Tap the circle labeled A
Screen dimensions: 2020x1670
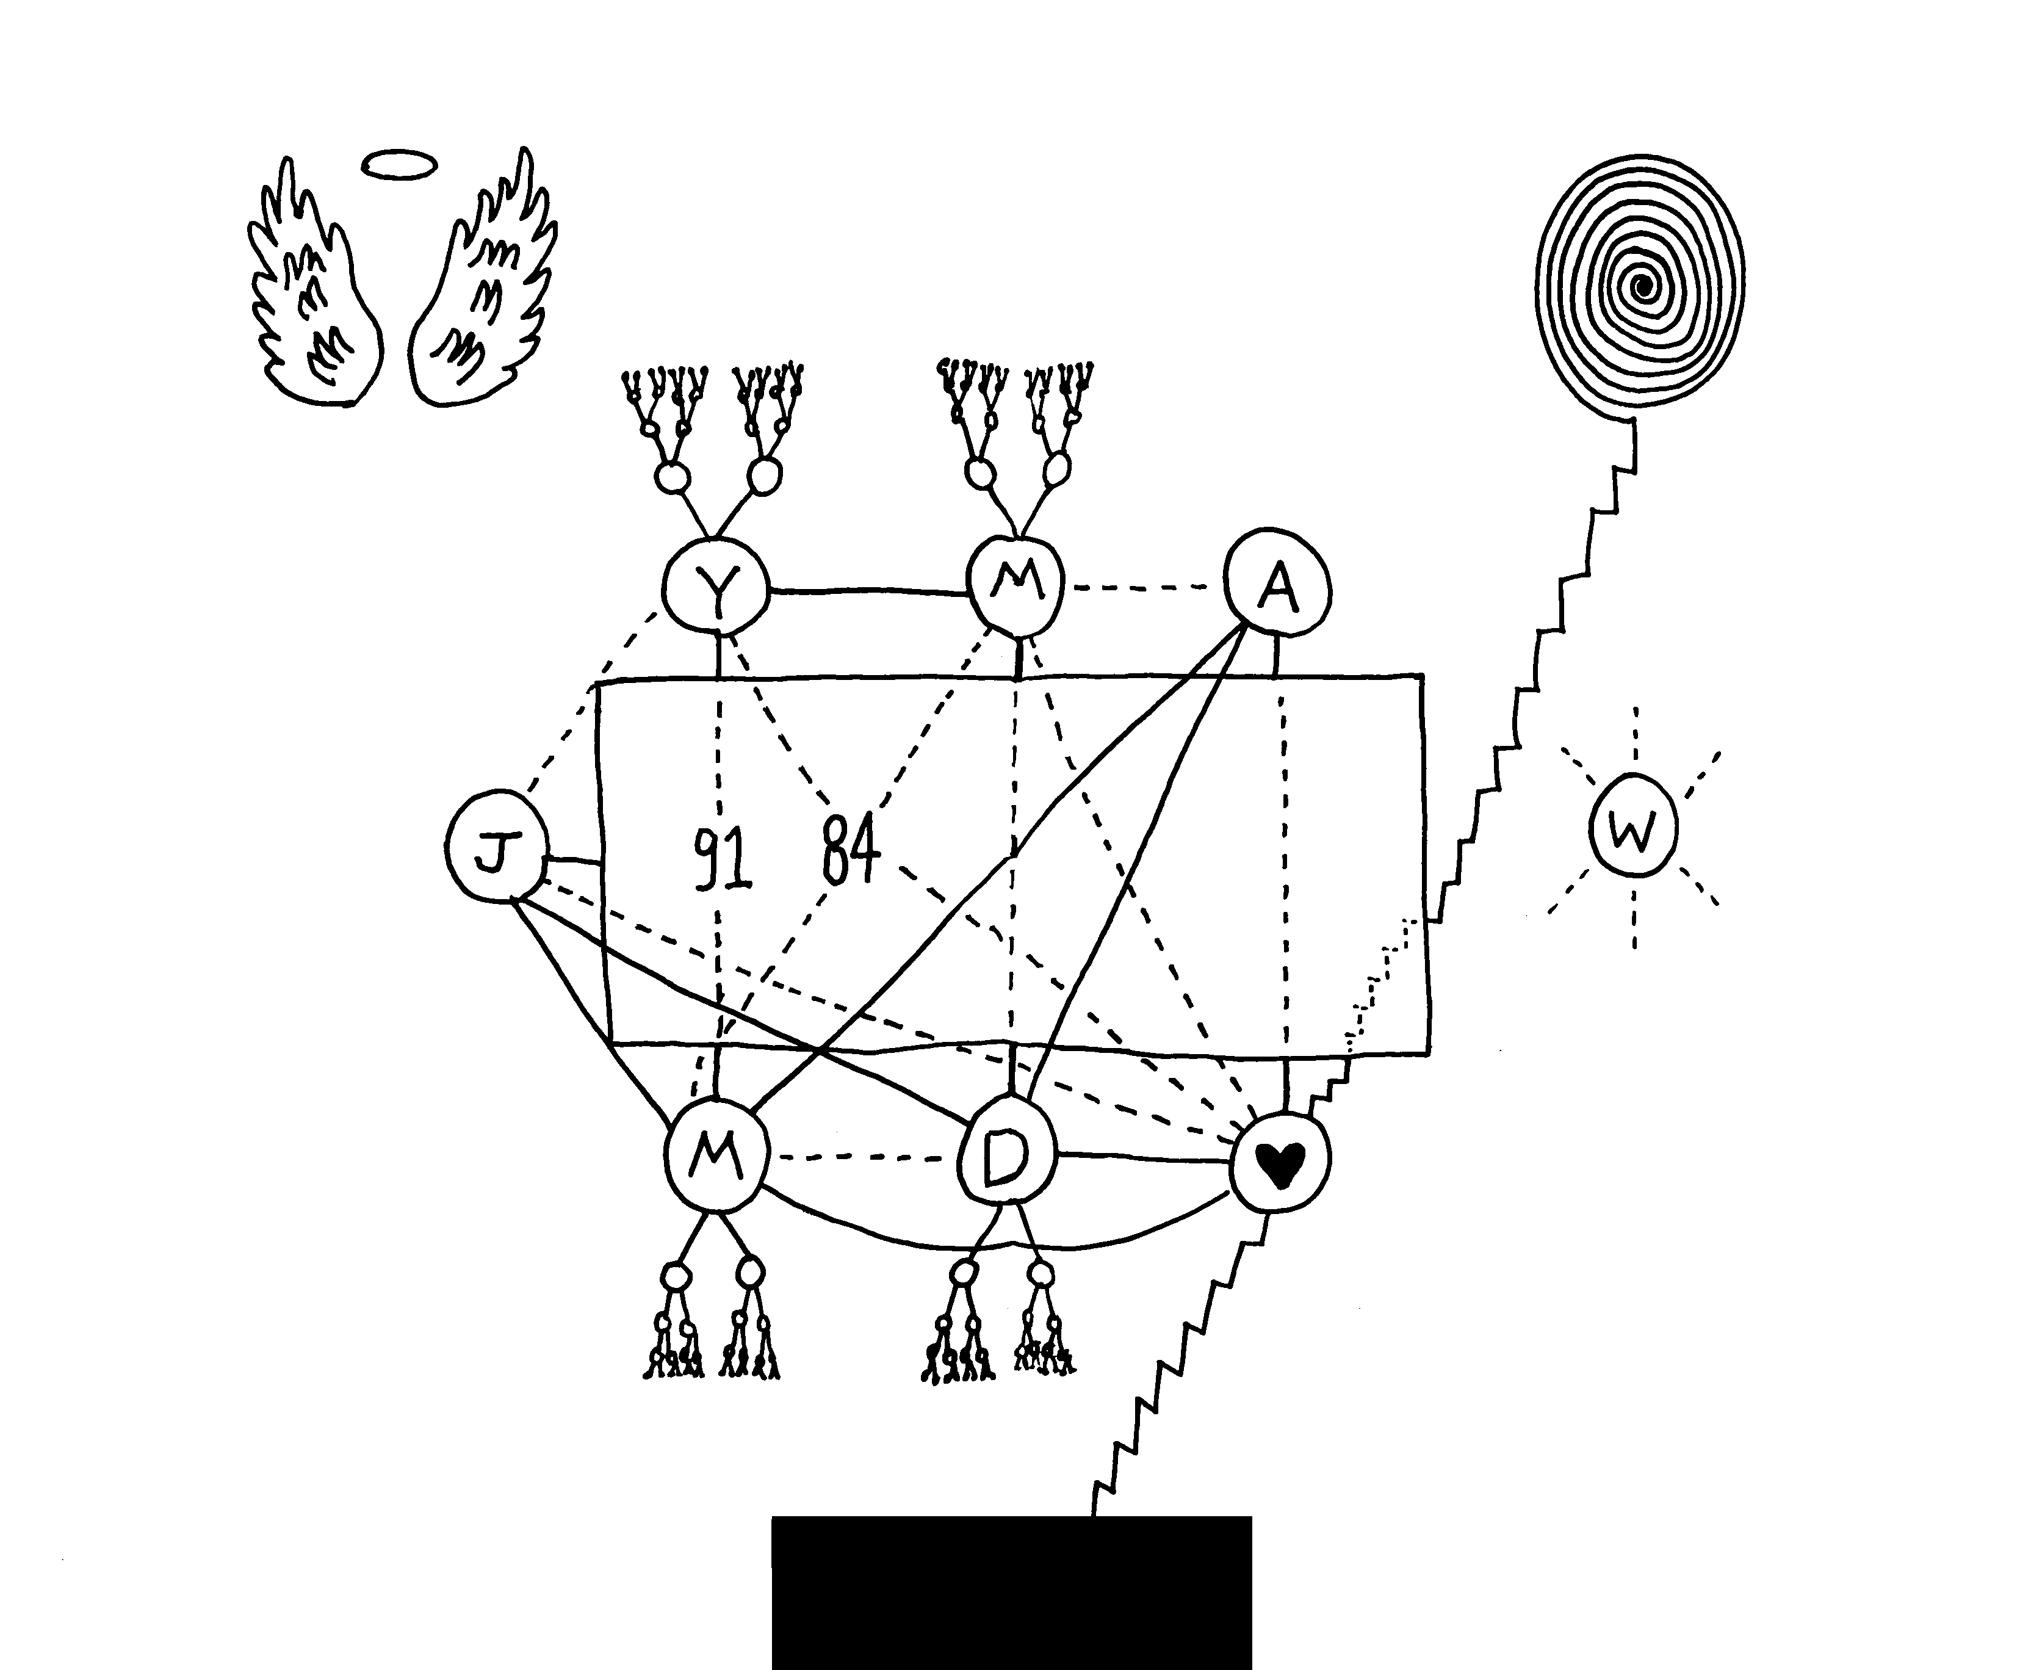pyautogui.click(x=1277, y=582)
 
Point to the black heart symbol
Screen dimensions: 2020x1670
pyautogui.click(x=1281, y=1166)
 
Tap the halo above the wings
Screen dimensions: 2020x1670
pyautogui.click(x=399, y=165)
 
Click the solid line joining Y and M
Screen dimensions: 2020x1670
pyautogui.click(x=868, y=591)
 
